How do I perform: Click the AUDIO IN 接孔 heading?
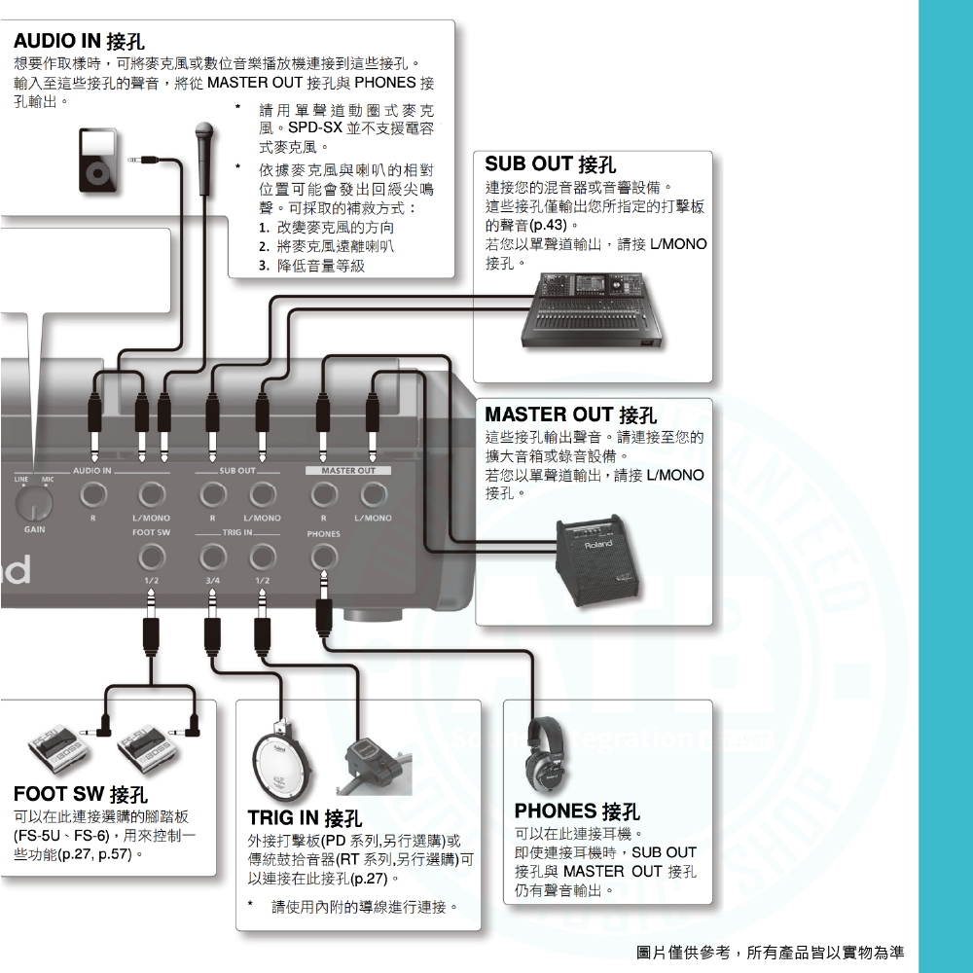pos(79,41)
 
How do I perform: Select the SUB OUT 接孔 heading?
pos(550,164)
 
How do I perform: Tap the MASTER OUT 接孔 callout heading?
pos(570,415)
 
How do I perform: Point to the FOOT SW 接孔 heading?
pos(81,795)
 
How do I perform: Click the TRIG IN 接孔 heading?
pos(304,817)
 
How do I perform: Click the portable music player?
pos(97,160)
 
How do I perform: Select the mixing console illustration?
pos(593,310)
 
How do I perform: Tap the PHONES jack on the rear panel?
pos(324,557)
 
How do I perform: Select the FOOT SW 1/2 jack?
pos(151,557)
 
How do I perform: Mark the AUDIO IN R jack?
pos(93,495)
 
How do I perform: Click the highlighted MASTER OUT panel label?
pos(347,471)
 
